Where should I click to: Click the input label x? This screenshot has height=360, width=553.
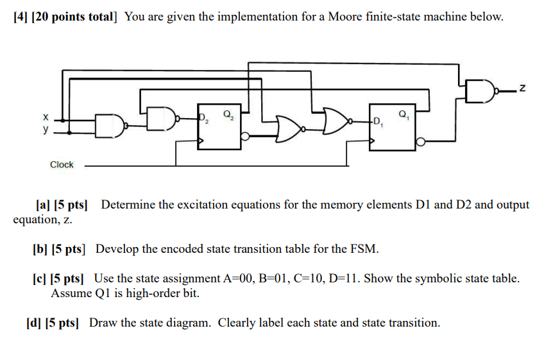[46, 117]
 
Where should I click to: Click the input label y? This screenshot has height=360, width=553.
[46, 130]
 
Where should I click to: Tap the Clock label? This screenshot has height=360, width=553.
[62, 164]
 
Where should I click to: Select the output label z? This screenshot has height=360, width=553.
[522, 89]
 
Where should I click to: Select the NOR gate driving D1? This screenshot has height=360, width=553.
[337, 121]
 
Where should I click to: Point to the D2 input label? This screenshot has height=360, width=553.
[203, 118]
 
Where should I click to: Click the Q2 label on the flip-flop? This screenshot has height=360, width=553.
[228, 115]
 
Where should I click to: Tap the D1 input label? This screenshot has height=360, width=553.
[378, 122]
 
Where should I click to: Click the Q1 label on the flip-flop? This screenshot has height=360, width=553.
[404, 115]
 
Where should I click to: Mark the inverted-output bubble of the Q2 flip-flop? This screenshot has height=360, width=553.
[246, 137]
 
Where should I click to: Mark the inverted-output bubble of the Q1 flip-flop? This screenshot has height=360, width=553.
[420, 142]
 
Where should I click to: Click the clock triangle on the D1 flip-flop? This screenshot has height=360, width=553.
[371, 141]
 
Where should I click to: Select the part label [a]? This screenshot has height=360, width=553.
[43, 205]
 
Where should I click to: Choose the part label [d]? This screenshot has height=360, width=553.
[33, 323]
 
